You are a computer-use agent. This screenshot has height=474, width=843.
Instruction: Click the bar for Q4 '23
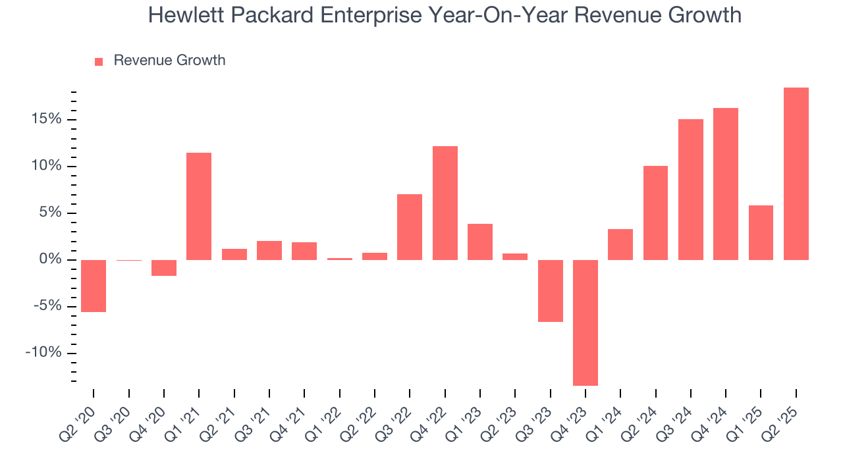(x=585, y=323)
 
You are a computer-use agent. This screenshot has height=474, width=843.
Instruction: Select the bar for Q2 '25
(x=796, y=174)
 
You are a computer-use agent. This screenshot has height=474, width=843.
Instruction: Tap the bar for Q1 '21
(x=199, y=206)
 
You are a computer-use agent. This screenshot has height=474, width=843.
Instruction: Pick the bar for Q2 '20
(x=94, y=286)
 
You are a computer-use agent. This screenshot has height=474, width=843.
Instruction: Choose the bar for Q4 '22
(x=445, y=203)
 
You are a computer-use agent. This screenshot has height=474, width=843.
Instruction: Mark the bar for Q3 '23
(x=550, y=290)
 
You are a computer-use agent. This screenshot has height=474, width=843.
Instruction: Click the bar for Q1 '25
(x=761, y=232)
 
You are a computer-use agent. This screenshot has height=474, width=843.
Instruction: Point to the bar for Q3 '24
(x=691, y=190)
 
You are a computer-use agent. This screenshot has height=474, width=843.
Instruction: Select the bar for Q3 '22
(x=410, y=227)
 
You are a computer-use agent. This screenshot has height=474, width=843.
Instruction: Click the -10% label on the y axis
(x=43, y=353)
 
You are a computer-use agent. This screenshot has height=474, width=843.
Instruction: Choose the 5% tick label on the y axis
(x=48, y=213)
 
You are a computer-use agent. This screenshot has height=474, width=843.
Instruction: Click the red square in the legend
(x=99, y=61)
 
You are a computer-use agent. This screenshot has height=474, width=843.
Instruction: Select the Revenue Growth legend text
(x=169, y=61)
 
